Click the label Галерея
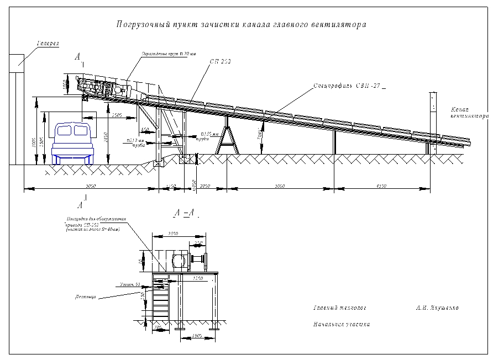[48, 43]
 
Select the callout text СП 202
[220, 62]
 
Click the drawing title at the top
[241, 24]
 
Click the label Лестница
[85, 297]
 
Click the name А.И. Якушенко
[437, 308]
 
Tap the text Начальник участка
[341, 325]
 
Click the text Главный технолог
[339, 308]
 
